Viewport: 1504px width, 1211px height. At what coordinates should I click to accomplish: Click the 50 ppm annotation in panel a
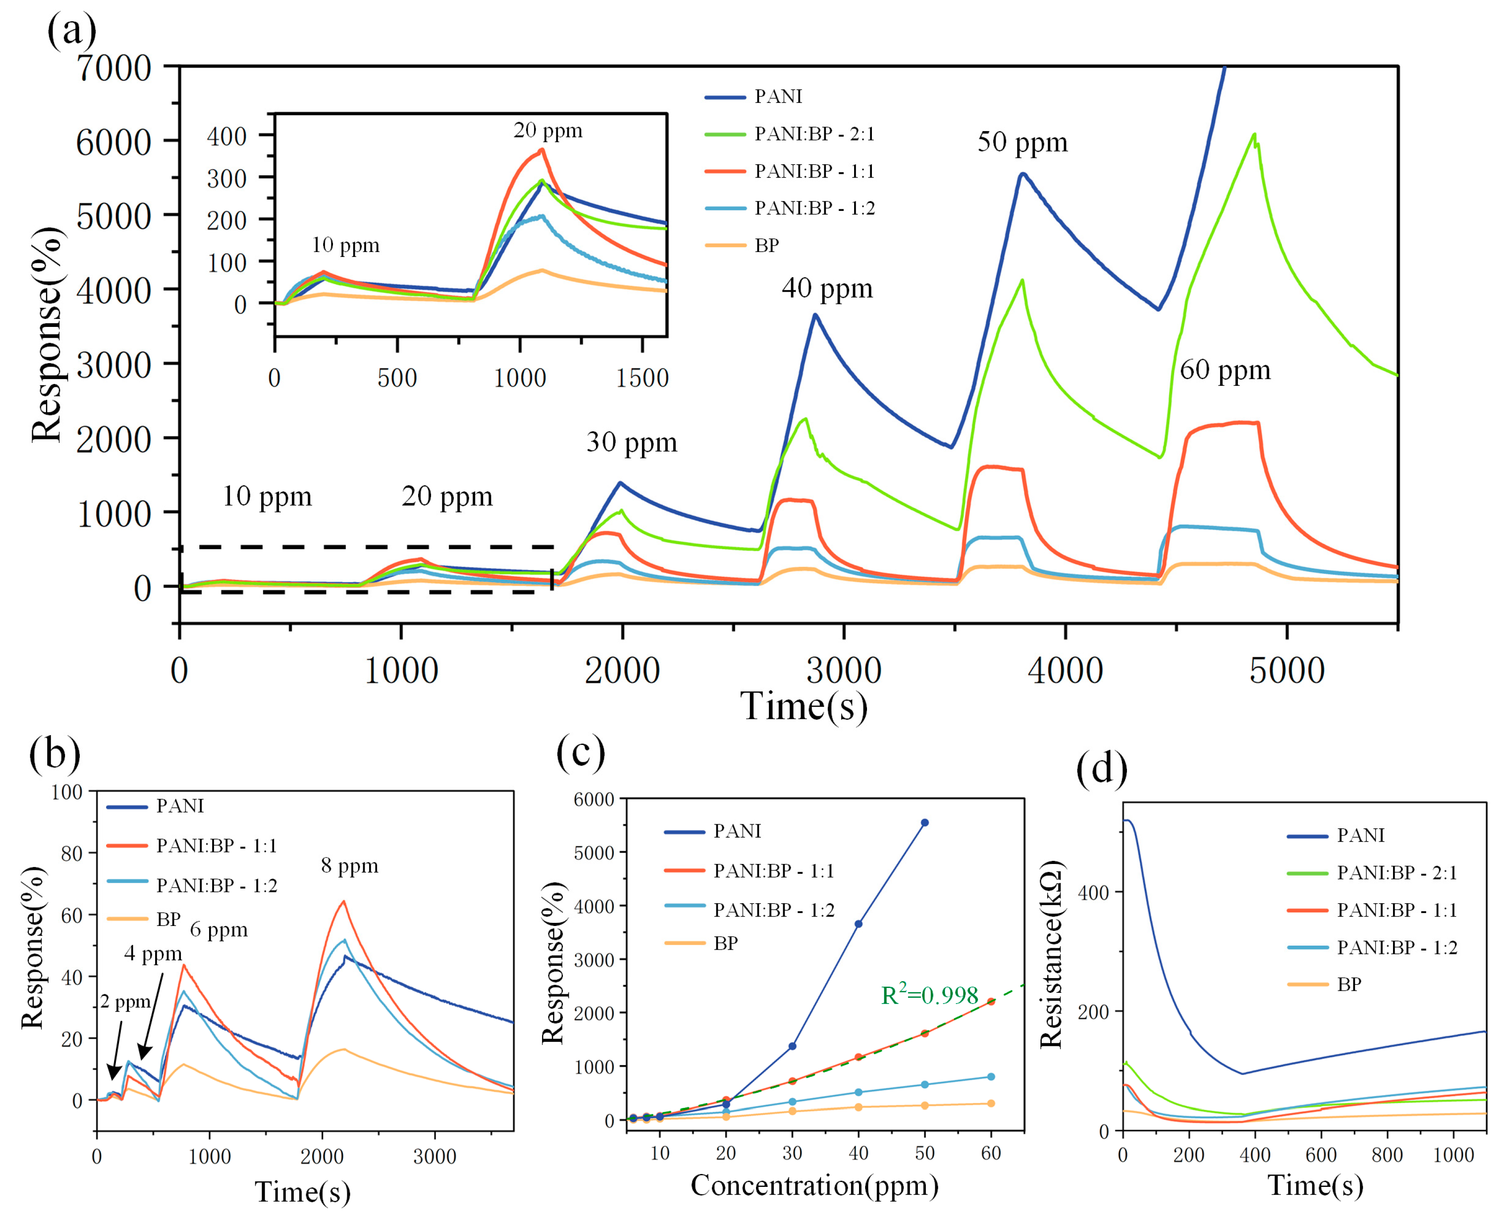tap(1022, 142)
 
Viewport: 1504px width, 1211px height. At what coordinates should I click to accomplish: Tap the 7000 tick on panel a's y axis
tap(114, 68)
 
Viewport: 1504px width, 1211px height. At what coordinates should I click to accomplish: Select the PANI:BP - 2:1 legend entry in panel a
tap(814, 134)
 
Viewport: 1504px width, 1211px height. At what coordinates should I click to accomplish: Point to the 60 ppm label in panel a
tap(1224, 370)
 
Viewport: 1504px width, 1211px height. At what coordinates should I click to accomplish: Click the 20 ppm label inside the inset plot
tap(547, 131)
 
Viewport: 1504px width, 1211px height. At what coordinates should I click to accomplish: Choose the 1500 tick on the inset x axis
tap(642, 378)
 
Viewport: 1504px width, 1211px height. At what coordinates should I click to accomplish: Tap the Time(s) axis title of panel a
tap(804, 707)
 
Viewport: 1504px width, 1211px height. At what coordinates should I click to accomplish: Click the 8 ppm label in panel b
tap(349, 866)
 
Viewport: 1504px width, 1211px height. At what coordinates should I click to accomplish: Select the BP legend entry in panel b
tap(168, 919)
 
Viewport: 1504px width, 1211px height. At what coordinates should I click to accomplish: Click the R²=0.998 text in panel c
tap(929, 995)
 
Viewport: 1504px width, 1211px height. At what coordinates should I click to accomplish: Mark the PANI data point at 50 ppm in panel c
tap(925, 823)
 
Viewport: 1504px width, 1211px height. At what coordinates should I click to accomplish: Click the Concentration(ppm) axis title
tap(814, 1185)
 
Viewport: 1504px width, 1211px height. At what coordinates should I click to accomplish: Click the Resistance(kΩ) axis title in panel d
tap(1051, 954)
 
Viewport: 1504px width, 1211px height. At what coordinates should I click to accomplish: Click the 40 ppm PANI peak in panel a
tap(815, 315)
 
